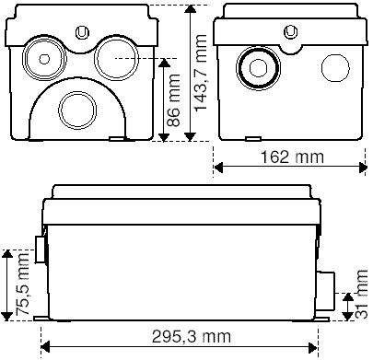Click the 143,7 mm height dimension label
(x=201, y=73)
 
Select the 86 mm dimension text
(x=173, y=100)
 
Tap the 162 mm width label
(x=292, y=157)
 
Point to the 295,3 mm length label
(x=192, y=337)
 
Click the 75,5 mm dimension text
(x=22, y=285)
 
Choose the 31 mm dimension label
(x=361, y=294)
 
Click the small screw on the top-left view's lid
(x=82, y=32)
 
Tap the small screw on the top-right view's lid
(x=291, y=31)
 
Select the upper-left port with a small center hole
(x=44, y=59)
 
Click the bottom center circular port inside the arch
(x=77, y=110)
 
